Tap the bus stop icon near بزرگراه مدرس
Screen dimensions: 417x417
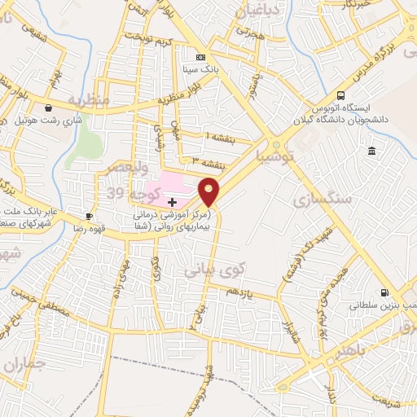pos(340,94)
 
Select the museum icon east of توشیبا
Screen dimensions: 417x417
pos(371,151)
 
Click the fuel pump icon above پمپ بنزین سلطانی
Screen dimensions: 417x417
pos(384,293)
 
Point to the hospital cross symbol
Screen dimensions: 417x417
pos(172,201)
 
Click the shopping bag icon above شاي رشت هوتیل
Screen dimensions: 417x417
pos(50,108)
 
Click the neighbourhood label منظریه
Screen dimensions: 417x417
pos(88,100)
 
